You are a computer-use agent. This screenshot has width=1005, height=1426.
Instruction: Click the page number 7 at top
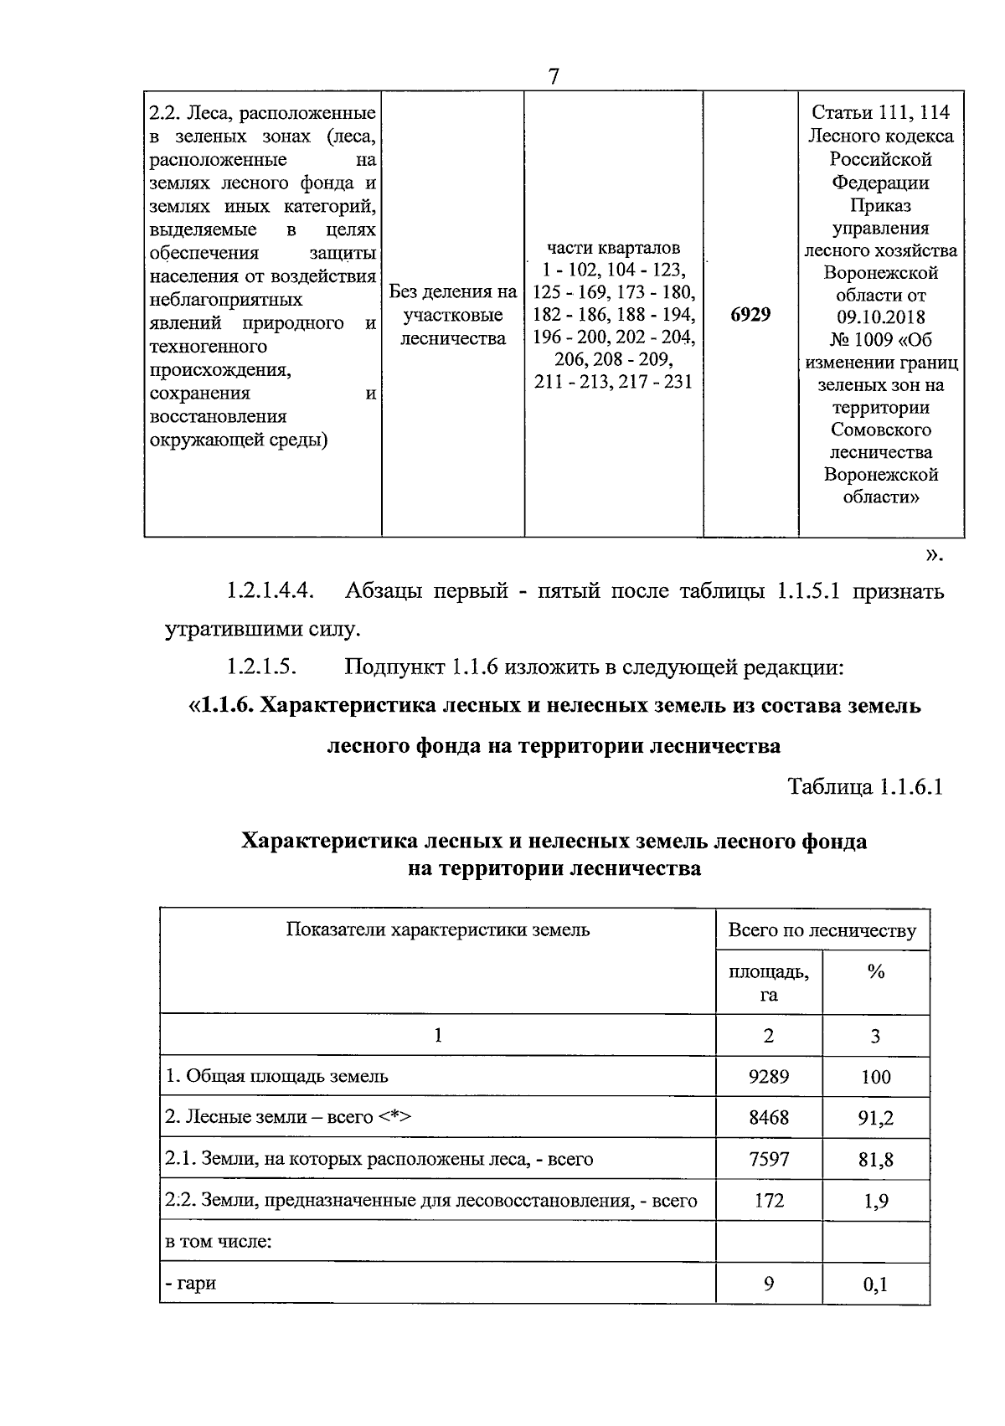pos(554,76)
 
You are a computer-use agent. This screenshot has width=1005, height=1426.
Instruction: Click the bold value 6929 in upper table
pos(750,315)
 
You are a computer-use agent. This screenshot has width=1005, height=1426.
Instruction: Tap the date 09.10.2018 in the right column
pos(880,317)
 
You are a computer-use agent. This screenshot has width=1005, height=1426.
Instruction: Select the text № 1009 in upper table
pos(845,340)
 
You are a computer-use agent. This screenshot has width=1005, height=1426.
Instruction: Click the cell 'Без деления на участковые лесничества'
pos(453,315)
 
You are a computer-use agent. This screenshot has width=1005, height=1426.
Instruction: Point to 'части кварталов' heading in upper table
pos(614,248)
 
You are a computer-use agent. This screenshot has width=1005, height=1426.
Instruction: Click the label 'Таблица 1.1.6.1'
pos(865,787)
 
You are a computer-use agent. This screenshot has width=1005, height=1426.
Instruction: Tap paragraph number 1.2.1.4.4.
pos(270,591)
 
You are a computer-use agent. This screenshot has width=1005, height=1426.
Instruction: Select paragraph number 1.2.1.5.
pos(262,667)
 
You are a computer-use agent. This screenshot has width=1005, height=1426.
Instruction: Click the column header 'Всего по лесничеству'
pos(822,930)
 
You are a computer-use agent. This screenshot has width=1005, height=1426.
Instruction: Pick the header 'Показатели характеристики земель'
pos(438,929)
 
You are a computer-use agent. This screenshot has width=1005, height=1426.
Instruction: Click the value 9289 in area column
pos(769,1076)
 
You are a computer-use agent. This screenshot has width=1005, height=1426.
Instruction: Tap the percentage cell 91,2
pos(875,1118)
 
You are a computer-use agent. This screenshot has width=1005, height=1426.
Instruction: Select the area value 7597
pos(769,1159)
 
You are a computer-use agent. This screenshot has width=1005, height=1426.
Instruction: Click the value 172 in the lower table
pos(769,1200)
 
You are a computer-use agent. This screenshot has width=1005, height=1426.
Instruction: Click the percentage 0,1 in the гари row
pos(875,1284)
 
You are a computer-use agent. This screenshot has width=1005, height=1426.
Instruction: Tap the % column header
pos(876,972)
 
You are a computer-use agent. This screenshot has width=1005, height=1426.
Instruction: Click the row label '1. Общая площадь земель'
pos(277,1076)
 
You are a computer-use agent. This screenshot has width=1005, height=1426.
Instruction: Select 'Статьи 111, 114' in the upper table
pos(880,113)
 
